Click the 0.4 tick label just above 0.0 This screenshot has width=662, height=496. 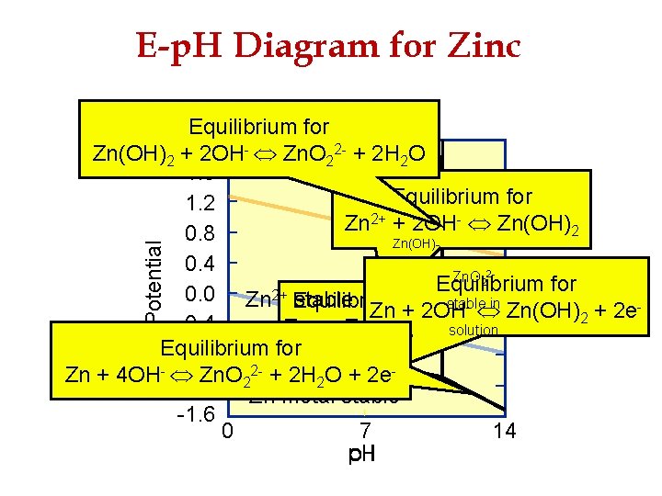[x=200, y=265]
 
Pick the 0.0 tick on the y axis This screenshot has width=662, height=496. [x=200, y=296]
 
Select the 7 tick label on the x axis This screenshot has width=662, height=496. [x=365, y=429]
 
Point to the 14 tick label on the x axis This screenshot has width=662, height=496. [x=504, y=429]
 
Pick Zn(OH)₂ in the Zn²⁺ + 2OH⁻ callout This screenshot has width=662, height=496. [x=543, y=223]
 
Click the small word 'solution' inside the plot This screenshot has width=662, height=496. [x=474, y=330]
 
